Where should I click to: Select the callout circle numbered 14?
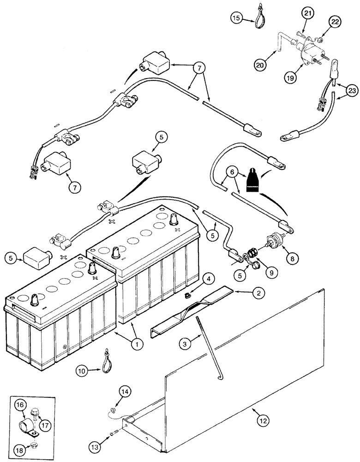(x=125, y=392)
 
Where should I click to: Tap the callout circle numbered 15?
(x=237, y=18)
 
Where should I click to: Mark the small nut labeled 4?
(x=188, y=294)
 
